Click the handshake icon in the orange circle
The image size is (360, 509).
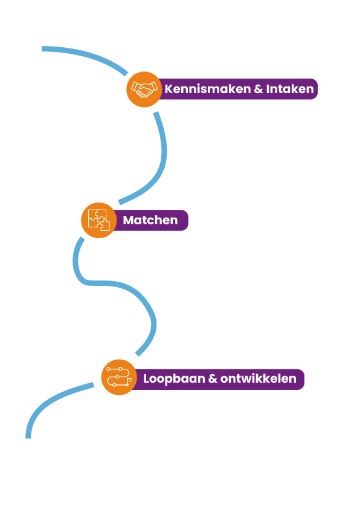pos(144,89)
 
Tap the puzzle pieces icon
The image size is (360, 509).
pos(99,220)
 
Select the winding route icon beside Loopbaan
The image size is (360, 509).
pos(119,377)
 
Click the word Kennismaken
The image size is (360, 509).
pos(208,89)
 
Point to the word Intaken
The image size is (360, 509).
pos(290,89)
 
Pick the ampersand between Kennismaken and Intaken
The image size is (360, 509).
pos(259,89)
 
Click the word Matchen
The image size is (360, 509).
pos(150,220)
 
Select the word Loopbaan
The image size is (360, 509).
pos(174,379)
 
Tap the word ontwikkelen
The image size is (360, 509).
pos(258,378)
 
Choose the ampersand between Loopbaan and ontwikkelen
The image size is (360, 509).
pos(213,379)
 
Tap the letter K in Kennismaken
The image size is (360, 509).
pos(169,89)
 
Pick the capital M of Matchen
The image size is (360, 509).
pos(129,220)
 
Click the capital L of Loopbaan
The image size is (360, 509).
pos(147,378)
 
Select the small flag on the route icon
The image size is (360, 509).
pos(129,380)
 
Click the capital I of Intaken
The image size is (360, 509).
pos(268,89)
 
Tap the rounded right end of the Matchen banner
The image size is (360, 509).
pos(185,220)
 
